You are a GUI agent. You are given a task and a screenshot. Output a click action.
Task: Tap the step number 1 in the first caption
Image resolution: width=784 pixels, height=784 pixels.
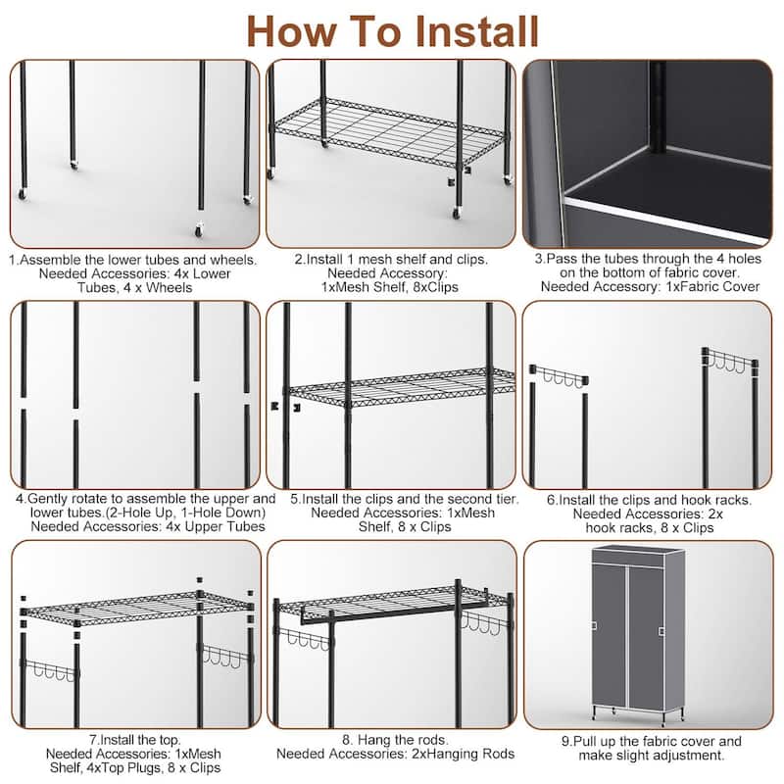pos(14,261)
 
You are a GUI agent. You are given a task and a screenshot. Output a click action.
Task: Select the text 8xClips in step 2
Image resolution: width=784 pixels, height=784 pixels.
pos(434,287)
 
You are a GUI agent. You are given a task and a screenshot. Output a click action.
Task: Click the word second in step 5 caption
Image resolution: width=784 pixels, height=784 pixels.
pos(437,499)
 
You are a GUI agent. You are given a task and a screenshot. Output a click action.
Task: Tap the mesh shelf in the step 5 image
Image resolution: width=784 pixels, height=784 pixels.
pos(402,386)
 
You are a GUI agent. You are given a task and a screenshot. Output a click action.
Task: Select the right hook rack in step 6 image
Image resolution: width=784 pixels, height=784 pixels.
pos(729,361)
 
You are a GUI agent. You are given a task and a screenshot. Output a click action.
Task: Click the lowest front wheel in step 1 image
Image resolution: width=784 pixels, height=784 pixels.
pos(200,229)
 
